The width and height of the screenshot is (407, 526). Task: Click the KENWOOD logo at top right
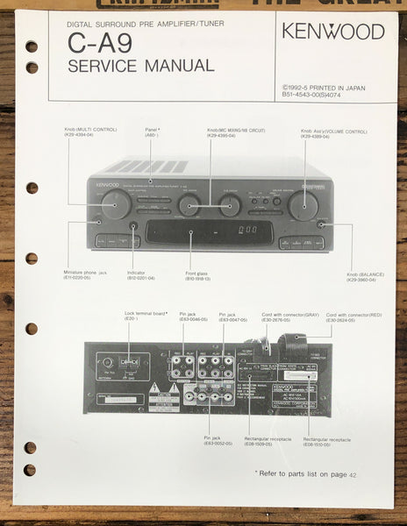click(332, 32)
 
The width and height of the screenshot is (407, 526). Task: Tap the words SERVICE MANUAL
click(139, 66)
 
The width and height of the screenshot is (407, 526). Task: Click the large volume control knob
click(303, 205)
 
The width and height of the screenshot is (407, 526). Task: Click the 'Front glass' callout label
click(196, 275)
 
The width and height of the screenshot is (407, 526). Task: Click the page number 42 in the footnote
click(353, 473)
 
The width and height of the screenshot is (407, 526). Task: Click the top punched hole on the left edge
click(32, 46)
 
